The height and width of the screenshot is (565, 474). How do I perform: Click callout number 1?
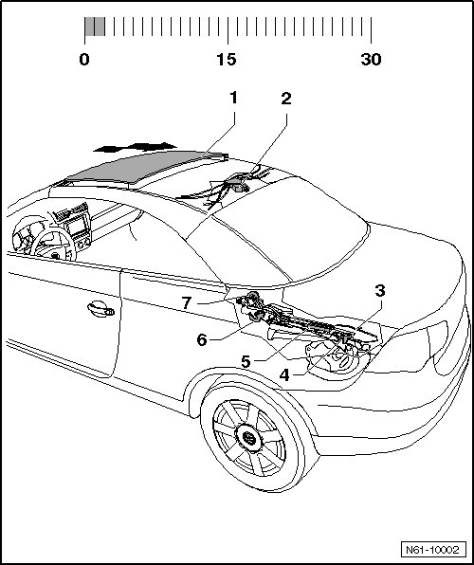pyautogui.click(x=234, y=98)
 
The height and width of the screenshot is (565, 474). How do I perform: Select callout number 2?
pyautogui.click(x=286, y=99)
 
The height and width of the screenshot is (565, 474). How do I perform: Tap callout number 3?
pyautogui.click(x=380, y=291)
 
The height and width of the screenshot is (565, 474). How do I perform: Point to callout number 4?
pyautogui.click(x=284, y=375)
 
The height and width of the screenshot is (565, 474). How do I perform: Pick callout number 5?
pyautogui.click(x=246, y=361)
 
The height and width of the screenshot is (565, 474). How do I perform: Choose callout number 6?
pyautogui.click(x=202, y=339)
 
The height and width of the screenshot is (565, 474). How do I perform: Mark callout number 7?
pyautogui.click(x=186, y=302)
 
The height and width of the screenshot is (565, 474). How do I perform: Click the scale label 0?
pyautogui.click(x=84, y=59)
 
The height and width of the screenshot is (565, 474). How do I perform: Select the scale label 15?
pyautogui.click(x=227, y=59)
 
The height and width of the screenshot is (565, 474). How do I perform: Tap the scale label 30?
pyautogui.click(x=371, y=59)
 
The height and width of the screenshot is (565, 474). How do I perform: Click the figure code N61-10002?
pyautogui.click(x=433, y=550)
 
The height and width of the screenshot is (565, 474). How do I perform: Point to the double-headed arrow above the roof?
pyautogui.click(x=135, y=147)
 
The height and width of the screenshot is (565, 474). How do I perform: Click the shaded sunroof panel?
pyautogui.click(x=144, y=167)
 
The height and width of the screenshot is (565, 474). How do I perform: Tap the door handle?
pyautogui.click(x=100, y=309)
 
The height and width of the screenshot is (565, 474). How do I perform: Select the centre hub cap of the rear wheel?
pyautogui.click(x=247, y=438)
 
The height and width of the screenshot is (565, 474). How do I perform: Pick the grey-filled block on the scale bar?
pyautogui.click(x=95, y=27)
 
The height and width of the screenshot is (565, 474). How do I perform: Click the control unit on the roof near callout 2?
pyautogui.click(x=238, y=183)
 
